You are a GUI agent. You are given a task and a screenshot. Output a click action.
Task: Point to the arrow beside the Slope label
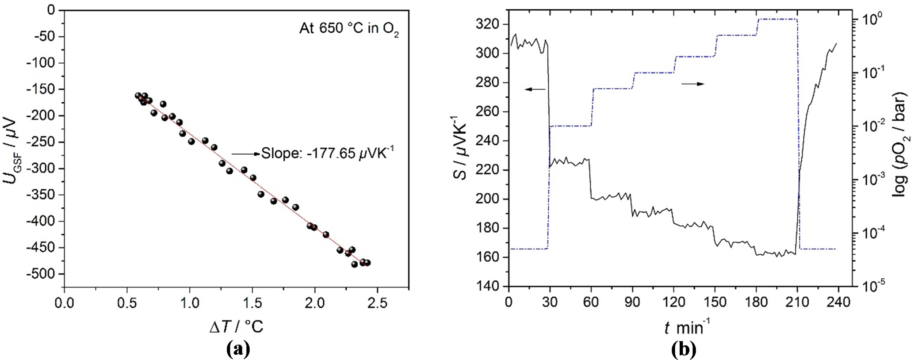(246, 154)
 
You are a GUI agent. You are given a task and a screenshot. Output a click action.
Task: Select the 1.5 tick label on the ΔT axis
(252, 303)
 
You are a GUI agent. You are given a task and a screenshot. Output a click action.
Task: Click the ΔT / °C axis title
(236, 326)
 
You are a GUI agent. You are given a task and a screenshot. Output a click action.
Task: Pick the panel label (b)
(684, 349)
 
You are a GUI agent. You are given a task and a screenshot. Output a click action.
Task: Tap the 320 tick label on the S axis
(489, 24)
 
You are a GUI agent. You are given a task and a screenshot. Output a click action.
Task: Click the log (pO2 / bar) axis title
(900, 150)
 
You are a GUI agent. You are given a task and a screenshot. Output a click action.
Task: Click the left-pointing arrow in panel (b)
(535, 89)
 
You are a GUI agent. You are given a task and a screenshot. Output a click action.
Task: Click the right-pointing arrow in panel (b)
(692, 84)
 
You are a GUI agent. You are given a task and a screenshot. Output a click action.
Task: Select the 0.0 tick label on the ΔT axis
(64, 303)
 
